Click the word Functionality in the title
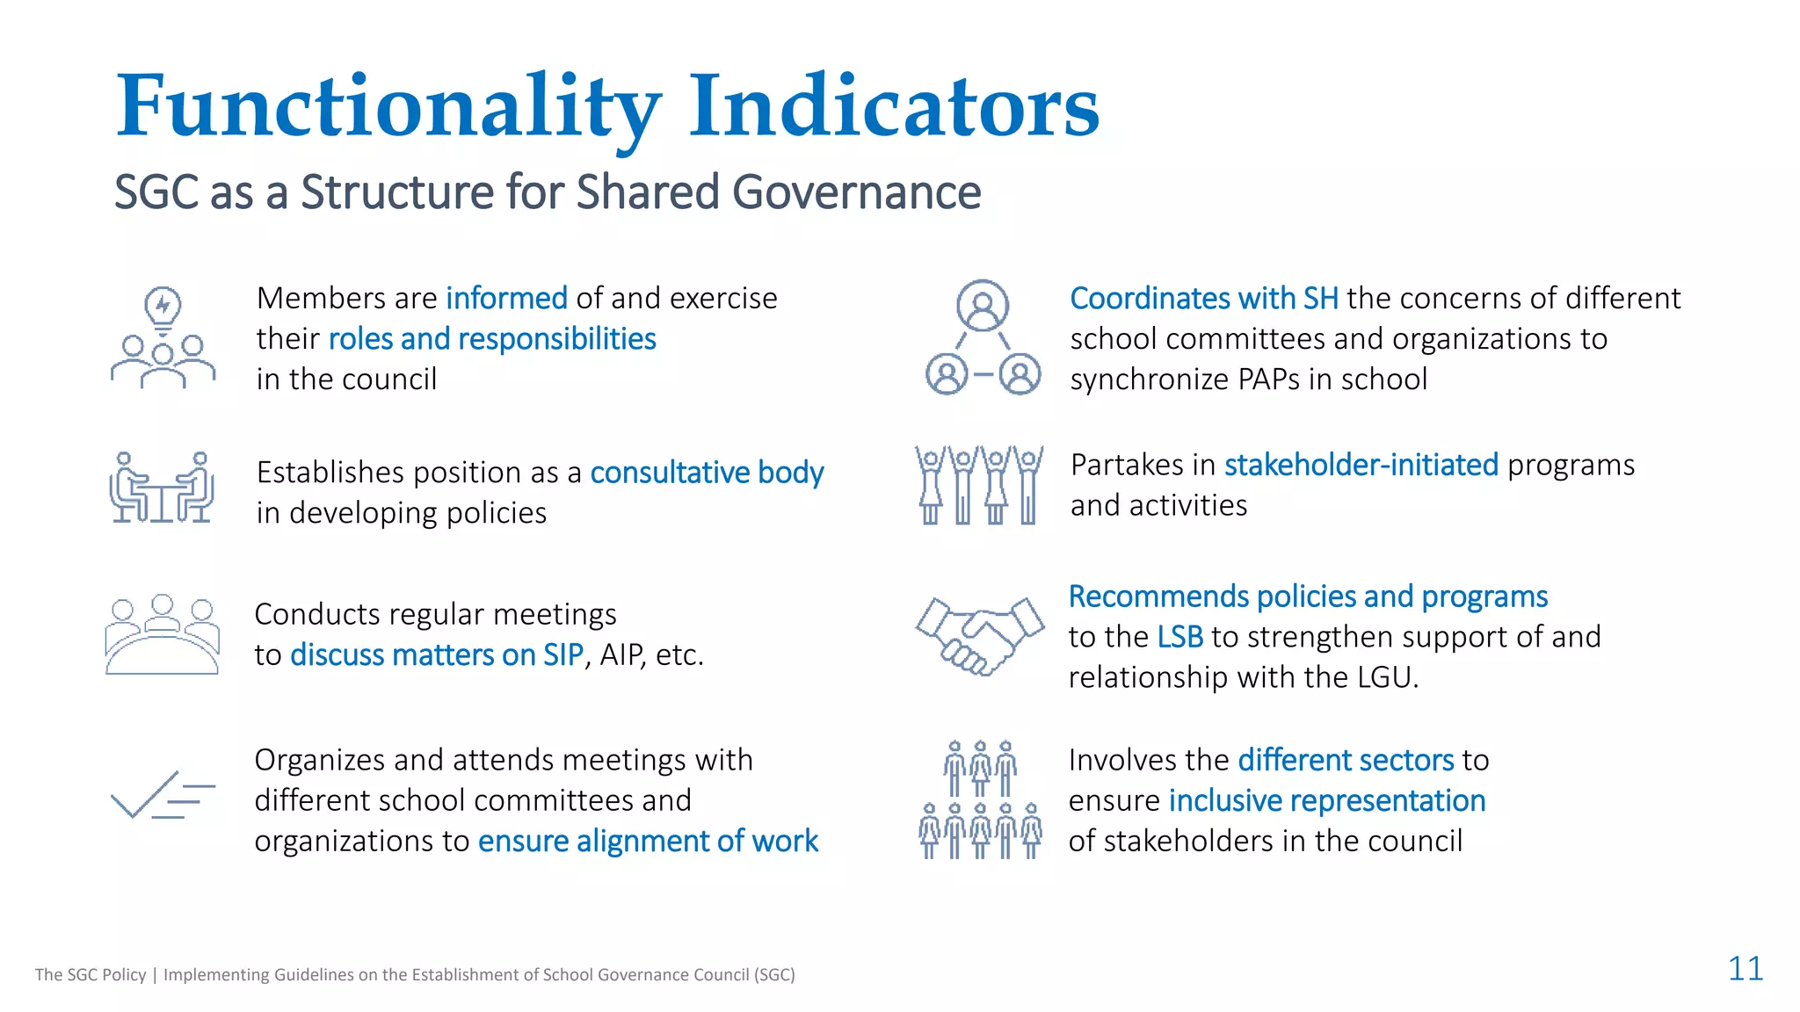tap(387, 107)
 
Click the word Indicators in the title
tap(893, 107)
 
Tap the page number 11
tap(1745, 969)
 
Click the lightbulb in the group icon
tap(163, 307)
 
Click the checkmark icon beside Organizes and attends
tap(163, 794)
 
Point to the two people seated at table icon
tap(162, 488)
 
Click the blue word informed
tap(506, 299)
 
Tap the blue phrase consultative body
tap(707, 473)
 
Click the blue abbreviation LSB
tap(1179, 637)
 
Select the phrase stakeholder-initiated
tap(1361, 465)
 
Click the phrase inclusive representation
tap(1326, 801)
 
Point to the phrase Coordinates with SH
tap(1203, 299)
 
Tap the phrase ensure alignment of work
tap(648, 842)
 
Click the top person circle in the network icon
tap(982, 306)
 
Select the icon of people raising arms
tap(979, 485)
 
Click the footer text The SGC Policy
tap(91, 974)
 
